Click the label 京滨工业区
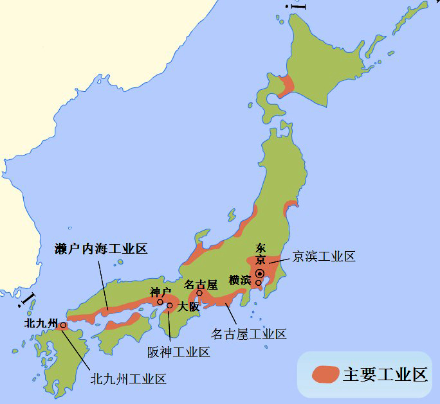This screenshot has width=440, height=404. (324, 256)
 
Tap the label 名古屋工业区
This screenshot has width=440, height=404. (249, 333)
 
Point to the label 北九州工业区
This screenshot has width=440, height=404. (128, 378)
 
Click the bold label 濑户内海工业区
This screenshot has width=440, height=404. (101, 249)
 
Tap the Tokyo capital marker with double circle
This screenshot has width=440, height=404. (260, 274)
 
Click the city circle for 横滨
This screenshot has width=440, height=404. (259, 283)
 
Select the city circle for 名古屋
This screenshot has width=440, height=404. (199, 294)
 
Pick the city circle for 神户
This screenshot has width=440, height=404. (160, 302)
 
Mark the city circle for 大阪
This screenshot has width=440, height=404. (170, 306)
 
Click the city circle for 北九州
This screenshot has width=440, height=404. (63, 326)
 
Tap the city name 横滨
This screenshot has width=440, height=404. (241, 279)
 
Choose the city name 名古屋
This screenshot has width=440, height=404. (201, 283)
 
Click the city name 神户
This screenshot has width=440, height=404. (159, 292)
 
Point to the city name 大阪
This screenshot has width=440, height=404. (188, 307)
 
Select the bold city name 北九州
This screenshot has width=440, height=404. (41, 322)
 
